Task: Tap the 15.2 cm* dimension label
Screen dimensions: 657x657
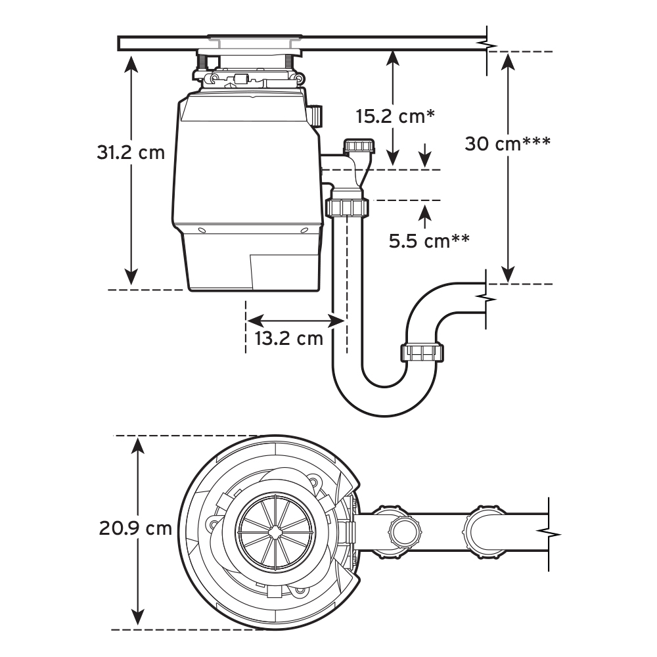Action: [x=396, y=117]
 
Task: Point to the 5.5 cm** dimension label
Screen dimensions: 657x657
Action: [x=428, y=241]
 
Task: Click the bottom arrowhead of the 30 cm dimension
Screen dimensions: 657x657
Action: [x=508, y=275]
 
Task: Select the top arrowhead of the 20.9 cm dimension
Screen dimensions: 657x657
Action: [x=137, y=445]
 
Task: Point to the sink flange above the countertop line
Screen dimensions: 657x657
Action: [x=254, y=39]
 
